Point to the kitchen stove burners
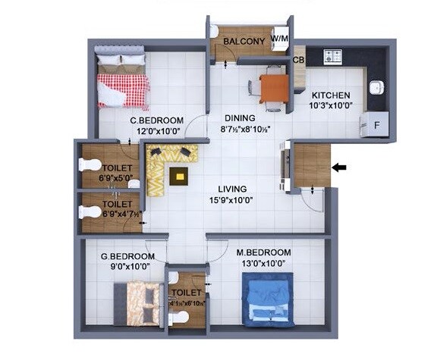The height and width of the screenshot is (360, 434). pyautogui.click(x=334, y=56)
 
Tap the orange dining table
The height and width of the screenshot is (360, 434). pyautogui.click(x=273, y=88)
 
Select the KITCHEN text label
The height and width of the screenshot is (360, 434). pyautogui.click(x=332, y=95)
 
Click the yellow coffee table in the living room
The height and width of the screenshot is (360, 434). pyautogui.click(x=180, y=176)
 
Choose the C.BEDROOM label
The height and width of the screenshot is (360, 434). pyautogui.click(x=157, y=120)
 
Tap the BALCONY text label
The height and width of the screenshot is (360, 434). pyautogui.click(x=244, y=41)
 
